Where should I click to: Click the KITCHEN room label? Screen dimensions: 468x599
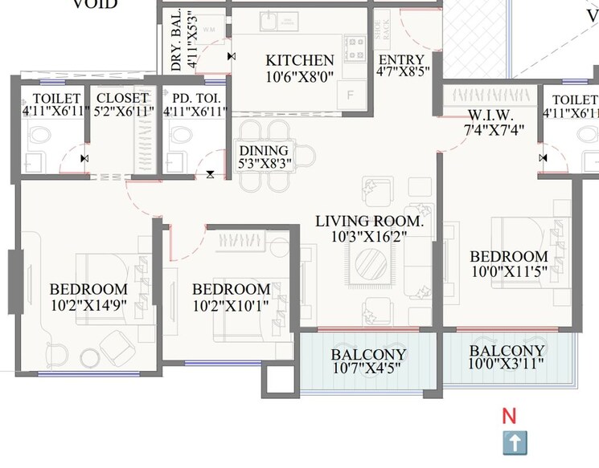pyautogui.click(x=300, y=61)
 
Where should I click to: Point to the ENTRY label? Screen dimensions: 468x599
pyautogui.click(x=402, y=60)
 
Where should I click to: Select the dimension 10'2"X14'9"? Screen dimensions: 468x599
pyautogui.click(x=88, y=304)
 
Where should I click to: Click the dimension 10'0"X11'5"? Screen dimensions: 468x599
pyautogui.click(x=508, y=271)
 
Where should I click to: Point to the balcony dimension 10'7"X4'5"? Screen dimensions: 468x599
pyautogui.click(x=367, y=369)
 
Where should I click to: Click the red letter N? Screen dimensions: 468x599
pyautogui.click(x=508, y=416)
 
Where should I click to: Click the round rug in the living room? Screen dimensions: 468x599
pyautogui.click(x=371, y=262)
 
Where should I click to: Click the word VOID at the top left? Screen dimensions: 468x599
pyautogui.click(x=95, y=5)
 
